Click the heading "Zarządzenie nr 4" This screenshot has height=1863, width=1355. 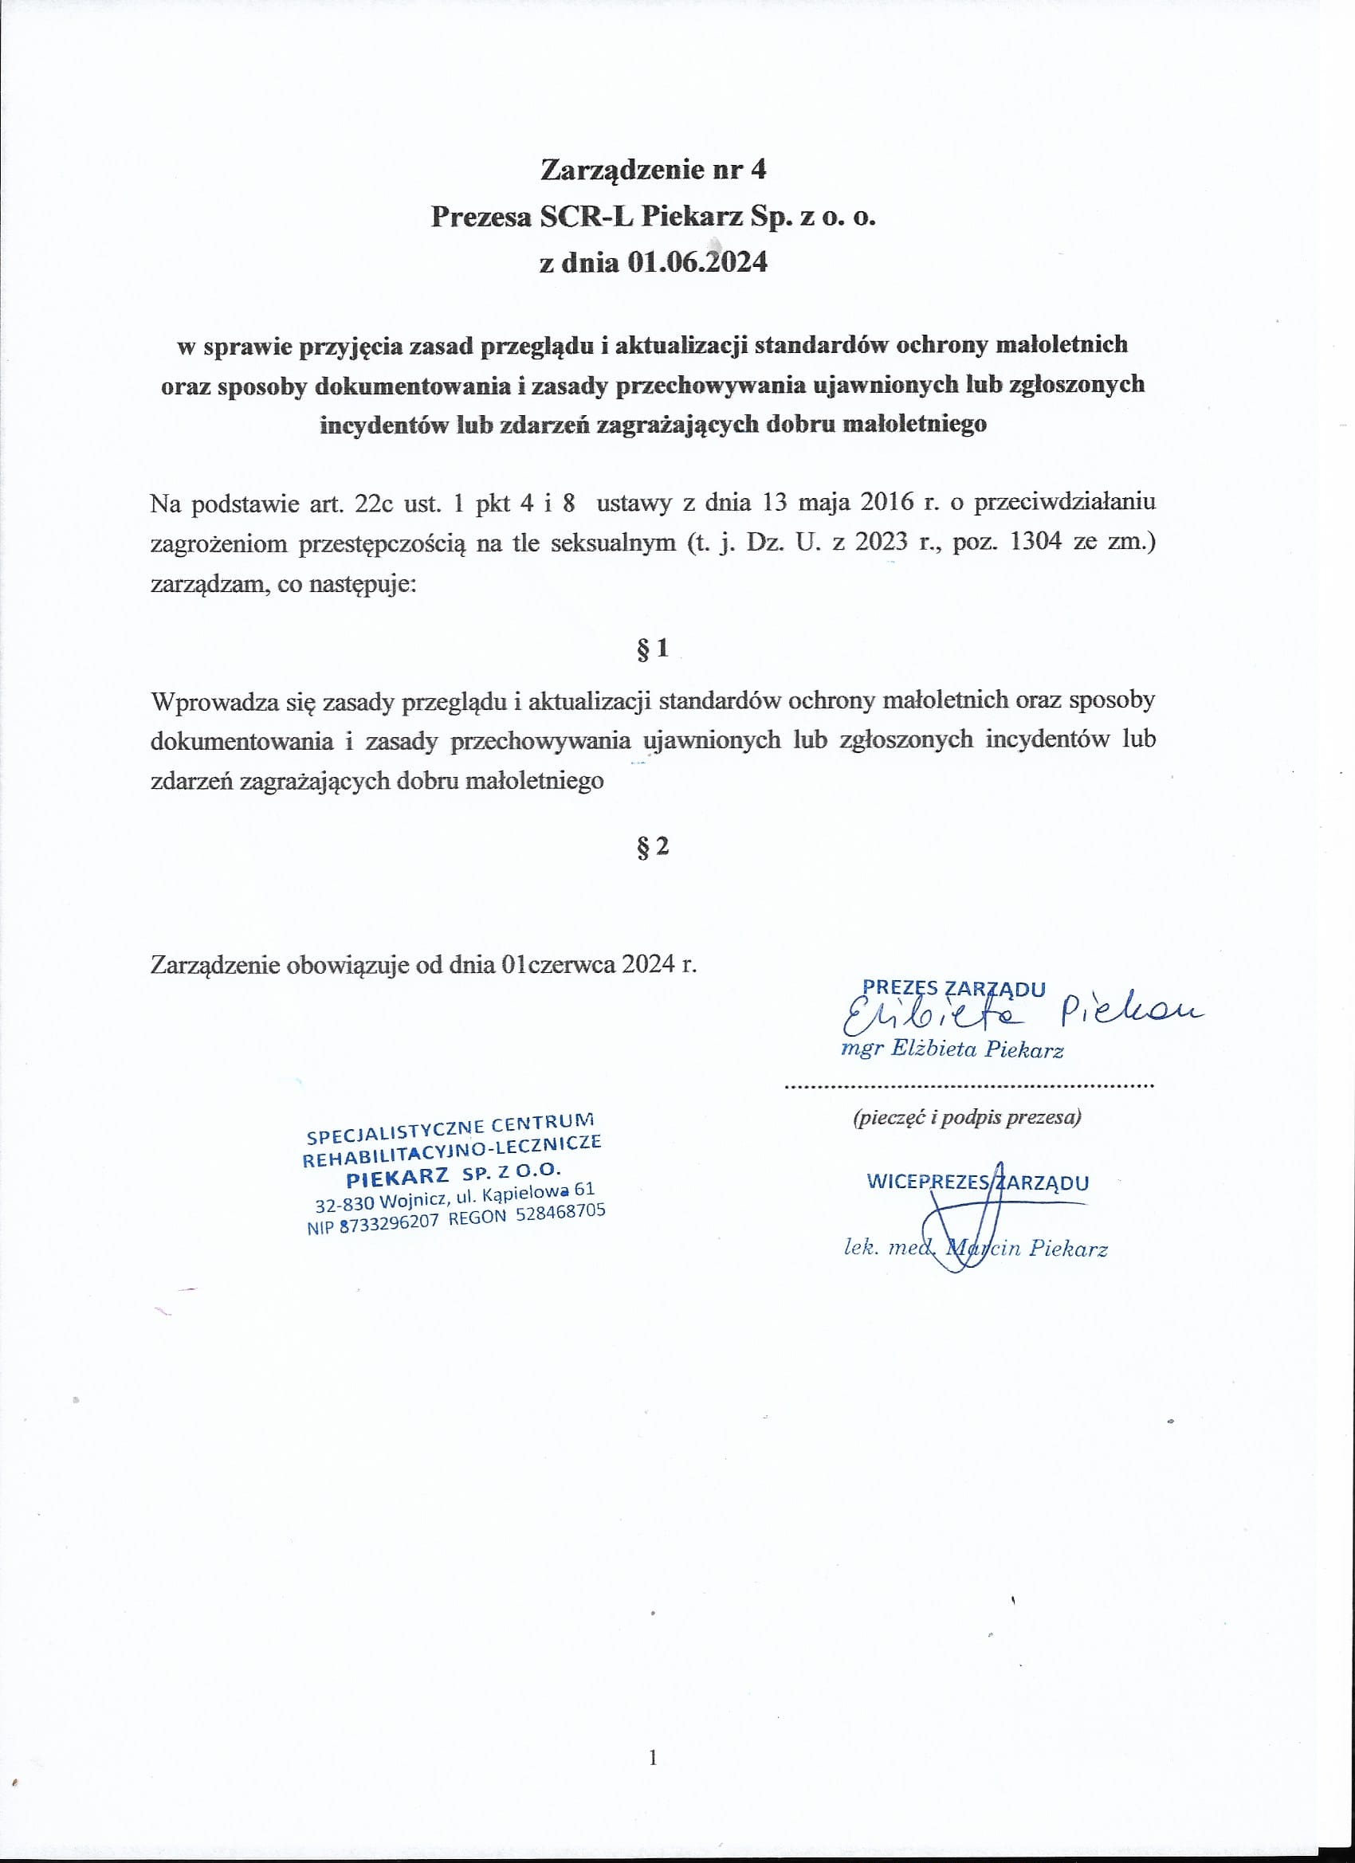(x=654, y=169)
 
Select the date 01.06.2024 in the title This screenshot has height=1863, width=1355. (x=697, y=262)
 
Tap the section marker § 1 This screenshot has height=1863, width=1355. (x=653, y=649)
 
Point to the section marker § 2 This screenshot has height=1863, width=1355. (x=653, y=846)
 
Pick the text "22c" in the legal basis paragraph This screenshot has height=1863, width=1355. (x=373, y=503)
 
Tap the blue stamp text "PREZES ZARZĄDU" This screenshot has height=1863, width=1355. (x=953, y=989)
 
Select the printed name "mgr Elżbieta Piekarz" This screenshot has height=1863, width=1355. (x=952, y=1049)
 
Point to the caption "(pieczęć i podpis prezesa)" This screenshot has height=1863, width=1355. (x=966, y=1117)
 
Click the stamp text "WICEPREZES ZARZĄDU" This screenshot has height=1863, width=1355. (x=977, y=1183)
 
